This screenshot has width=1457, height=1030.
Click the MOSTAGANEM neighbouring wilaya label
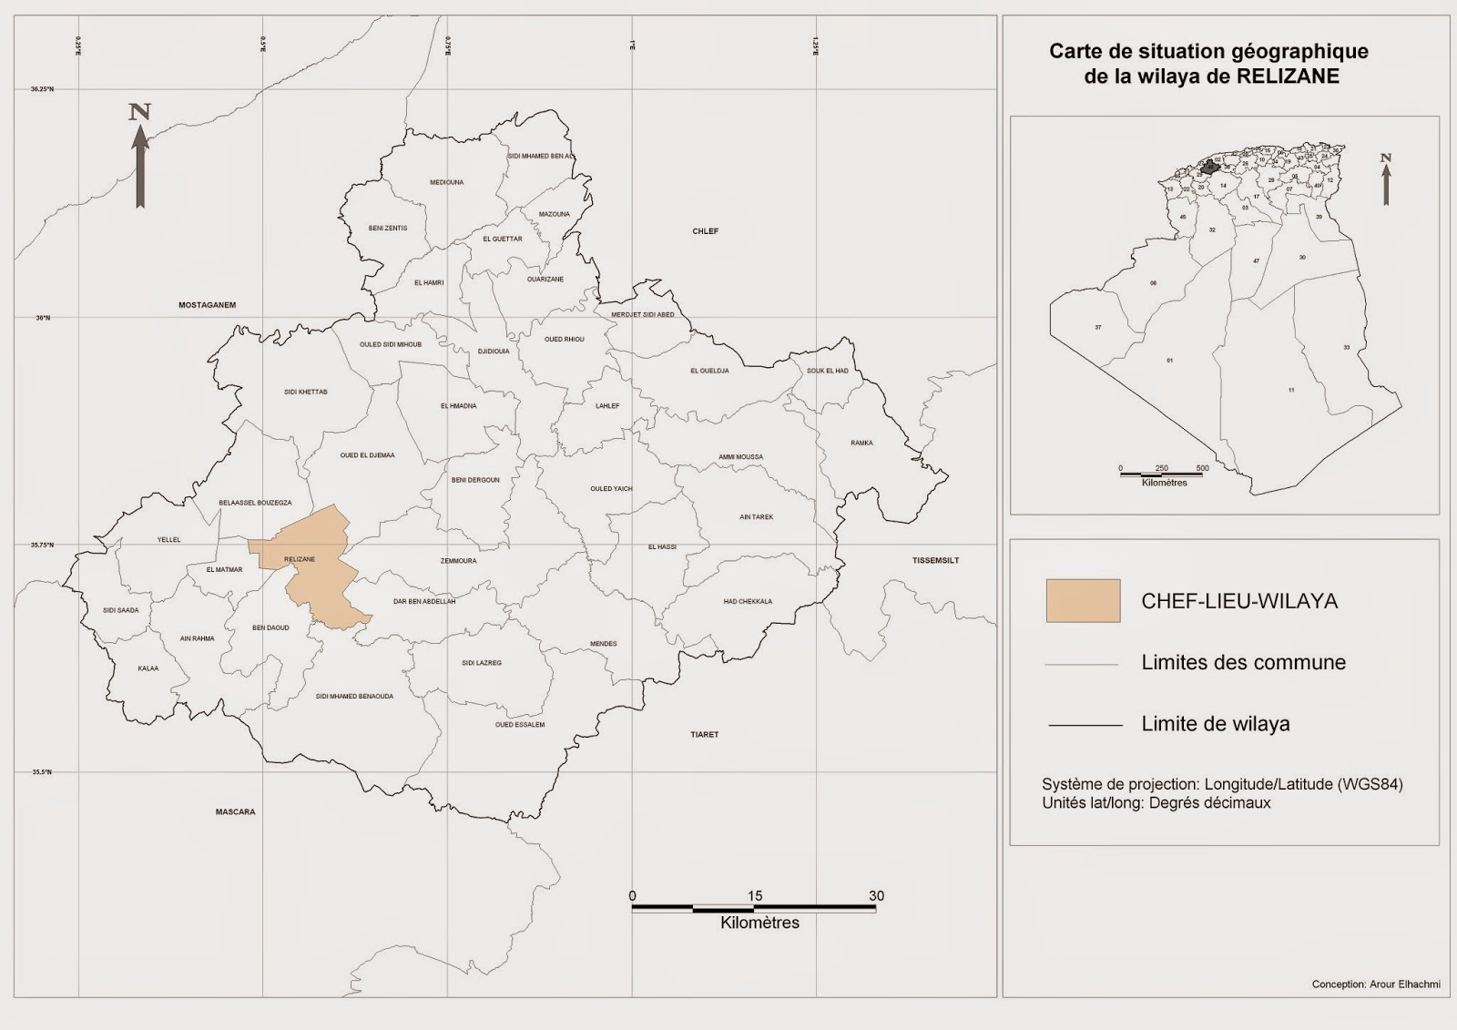(207, 305)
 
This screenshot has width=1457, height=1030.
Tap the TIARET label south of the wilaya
(704, 734)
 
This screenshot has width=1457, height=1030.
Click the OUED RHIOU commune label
(564, 339)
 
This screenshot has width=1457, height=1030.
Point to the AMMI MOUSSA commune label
(740, 457)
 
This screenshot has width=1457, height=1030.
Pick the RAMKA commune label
(861, 444)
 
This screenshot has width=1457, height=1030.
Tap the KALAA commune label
(148, 668)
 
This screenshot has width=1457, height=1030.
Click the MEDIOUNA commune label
(446, 182)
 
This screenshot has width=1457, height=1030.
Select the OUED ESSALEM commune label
(519, 725)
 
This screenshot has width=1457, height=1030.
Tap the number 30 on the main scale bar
(876, 896)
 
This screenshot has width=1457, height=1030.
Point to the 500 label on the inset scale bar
(1202, 468)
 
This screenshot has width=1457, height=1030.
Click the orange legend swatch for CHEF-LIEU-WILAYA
(1083, 601)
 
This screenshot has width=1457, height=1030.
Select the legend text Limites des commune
(1243, 662)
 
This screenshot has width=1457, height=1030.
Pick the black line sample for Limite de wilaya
(1085, 725)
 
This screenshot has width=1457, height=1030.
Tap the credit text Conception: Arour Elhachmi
(1375, 984)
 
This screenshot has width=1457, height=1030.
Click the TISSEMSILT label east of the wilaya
(935, 560)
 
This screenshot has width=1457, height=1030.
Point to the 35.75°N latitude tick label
(42, 545)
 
